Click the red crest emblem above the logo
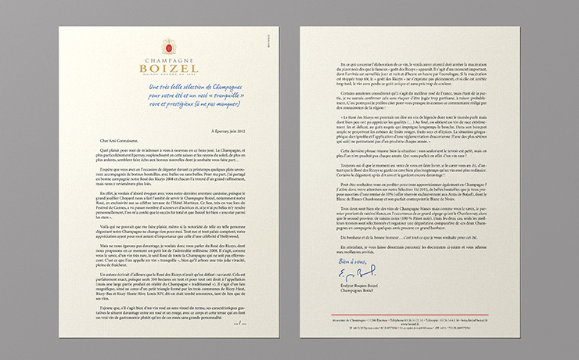(168, 46)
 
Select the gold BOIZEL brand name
(168, 69)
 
